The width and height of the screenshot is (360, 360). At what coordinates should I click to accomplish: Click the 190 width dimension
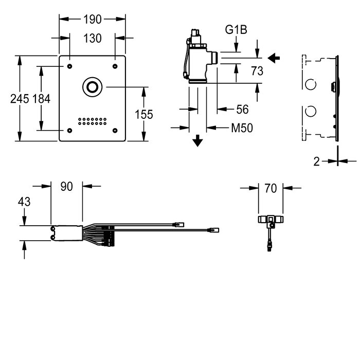click(x=92, y=20)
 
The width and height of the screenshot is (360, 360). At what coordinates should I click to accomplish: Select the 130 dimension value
click(x=92, y=39)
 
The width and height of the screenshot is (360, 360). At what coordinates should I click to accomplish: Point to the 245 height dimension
click(x=20, y=99)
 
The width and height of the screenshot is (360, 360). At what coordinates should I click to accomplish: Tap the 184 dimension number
click(x=41, y=99)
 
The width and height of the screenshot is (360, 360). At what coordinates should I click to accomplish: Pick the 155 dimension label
click(x=143, y=114)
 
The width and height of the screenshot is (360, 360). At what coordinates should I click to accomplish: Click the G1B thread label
click(x=236, y=30)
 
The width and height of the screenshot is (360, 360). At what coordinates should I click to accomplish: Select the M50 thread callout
click(x=242, y=128)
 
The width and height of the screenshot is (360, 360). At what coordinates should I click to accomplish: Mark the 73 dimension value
click(x=257, y=71)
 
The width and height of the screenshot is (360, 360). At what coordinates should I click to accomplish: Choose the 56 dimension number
click(x=242, y=109)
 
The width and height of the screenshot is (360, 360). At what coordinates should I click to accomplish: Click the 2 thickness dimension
click(x=317, y=161)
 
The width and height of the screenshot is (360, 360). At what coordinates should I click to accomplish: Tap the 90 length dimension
click(x=66, y=186)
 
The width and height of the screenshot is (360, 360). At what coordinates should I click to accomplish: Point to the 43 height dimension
click(x=24, y=202)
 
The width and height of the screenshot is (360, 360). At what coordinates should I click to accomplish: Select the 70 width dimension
click(x=271, y=188)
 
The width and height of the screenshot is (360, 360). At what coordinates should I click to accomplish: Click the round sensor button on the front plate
click(x=92, y=87)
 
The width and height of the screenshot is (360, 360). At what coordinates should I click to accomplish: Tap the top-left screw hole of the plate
click(x=69, y=66)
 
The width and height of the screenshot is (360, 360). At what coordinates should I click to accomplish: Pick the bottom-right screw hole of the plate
click(x=115, y=131)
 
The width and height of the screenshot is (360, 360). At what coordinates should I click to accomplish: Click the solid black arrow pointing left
click(x=274, y=58)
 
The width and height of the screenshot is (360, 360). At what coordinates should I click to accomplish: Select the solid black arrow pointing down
click(x=197, y=141)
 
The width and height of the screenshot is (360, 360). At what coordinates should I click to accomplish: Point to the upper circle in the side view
click(x=311, y=84)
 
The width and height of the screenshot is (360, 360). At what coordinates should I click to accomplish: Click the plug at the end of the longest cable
click(x=213, y=230)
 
